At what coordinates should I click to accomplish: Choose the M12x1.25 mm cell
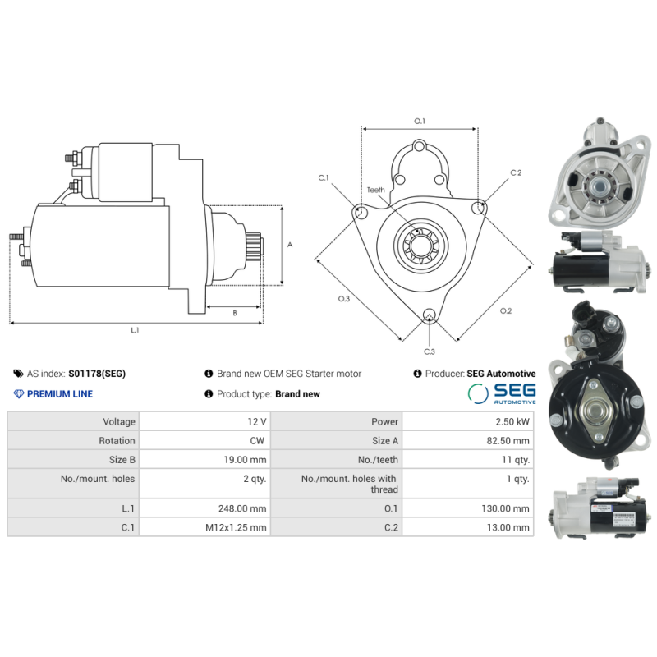point(236,528)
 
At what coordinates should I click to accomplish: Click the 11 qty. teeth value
point(515,460)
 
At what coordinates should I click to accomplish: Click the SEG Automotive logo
point(502,393)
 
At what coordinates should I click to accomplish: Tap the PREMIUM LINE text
point(59,394)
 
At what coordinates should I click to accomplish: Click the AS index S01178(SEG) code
point(97,374)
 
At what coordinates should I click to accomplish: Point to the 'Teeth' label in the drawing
point(375,190)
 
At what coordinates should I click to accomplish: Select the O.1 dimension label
point(419,122)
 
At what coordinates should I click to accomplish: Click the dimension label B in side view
point(234,312)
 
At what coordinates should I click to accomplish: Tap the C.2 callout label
point(516,172)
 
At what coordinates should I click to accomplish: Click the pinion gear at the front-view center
point(419,244)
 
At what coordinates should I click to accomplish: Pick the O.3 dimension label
point(343,299)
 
